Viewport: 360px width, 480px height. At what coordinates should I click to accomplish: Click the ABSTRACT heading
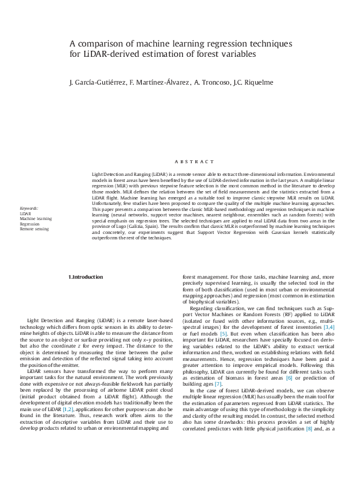click(194, 162)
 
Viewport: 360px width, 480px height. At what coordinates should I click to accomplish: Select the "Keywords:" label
click(28, 208)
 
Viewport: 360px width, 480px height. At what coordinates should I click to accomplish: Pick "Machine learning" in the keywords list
click(36, 218)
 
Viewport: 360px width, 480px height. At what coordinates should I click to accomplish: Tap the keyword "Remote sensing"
click(34, 229)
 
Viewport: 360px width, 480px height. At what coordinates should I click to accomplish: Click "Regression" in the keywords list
click(30, 224)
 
